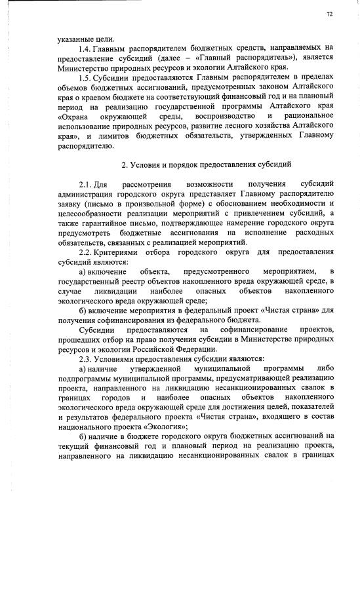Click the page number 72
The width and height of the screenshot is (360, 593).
pos(329,14)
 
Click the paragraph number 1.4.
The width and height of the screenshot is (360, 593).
pos(83,48)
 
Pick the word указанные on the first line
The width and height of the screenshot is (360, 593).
pos(76,38)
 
